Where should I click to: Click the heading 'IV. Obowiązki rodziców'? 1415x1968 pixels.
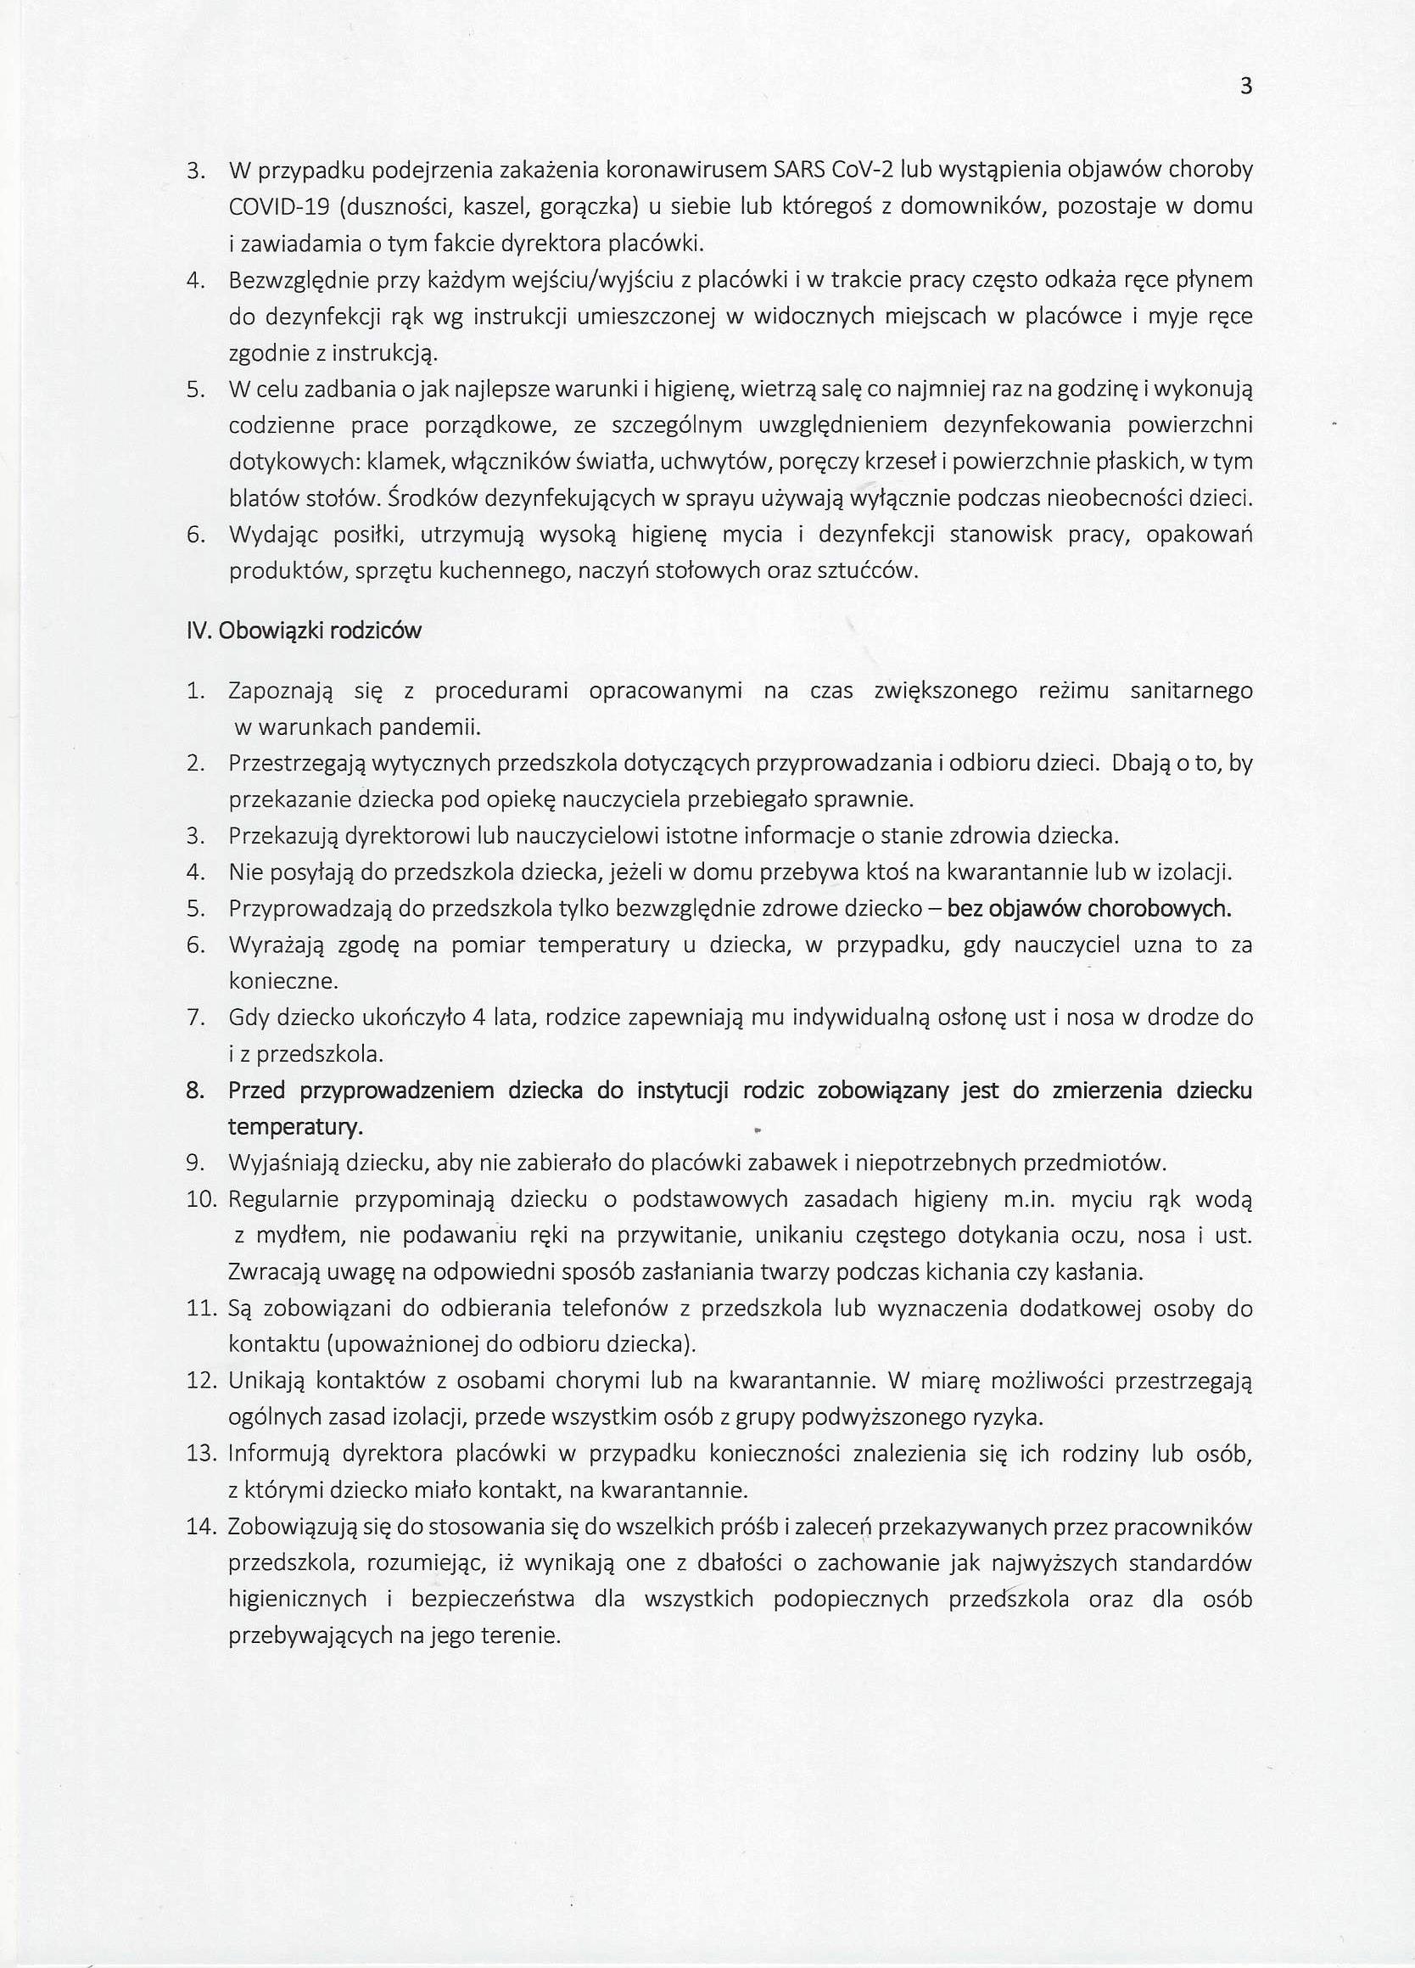click(304, 631)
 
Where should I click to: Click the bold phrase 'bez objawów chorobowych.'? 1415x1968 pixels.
click(1088, 909)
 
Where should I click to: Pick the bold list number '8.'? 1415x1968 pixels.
click(195, 1091)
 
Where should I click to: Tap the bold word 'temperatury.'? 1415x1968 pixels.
click(295, 1127)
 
